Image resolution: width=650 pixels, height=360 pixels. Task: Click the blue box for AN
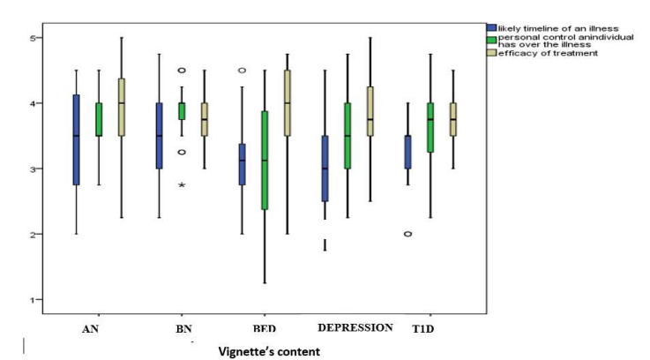pyautogui.click(x=76, y=139)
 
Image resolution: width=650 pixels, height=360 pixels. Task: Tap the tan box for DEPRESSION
pyautogui.click(x=370, y=111)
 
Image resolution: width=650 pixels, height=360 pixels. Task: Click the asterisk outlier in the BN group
pyautogui.click(x=182, y=185)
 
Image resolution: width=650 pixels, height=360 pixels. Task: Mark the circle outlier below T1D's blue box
pyautogui.click(x=407, y=234)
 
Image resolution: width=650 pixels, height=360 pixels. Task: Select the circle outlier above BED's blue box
pyautogui.click(x=243, y=70)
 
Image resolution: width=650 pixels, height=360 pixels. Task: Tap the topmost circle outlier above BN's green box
pyautogui.click(x=182, y=70)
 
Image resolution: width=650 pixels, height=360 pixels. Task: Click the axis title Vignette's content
pyautogui.click(x=270, y=350)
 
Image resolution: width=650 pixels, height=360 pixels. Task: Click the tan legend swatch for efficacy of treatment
pyautogui.click(x=491, y=54)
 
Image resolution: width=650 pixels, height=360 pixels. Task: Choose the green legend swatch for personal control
pyautogui.click(x=491, y=41)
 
